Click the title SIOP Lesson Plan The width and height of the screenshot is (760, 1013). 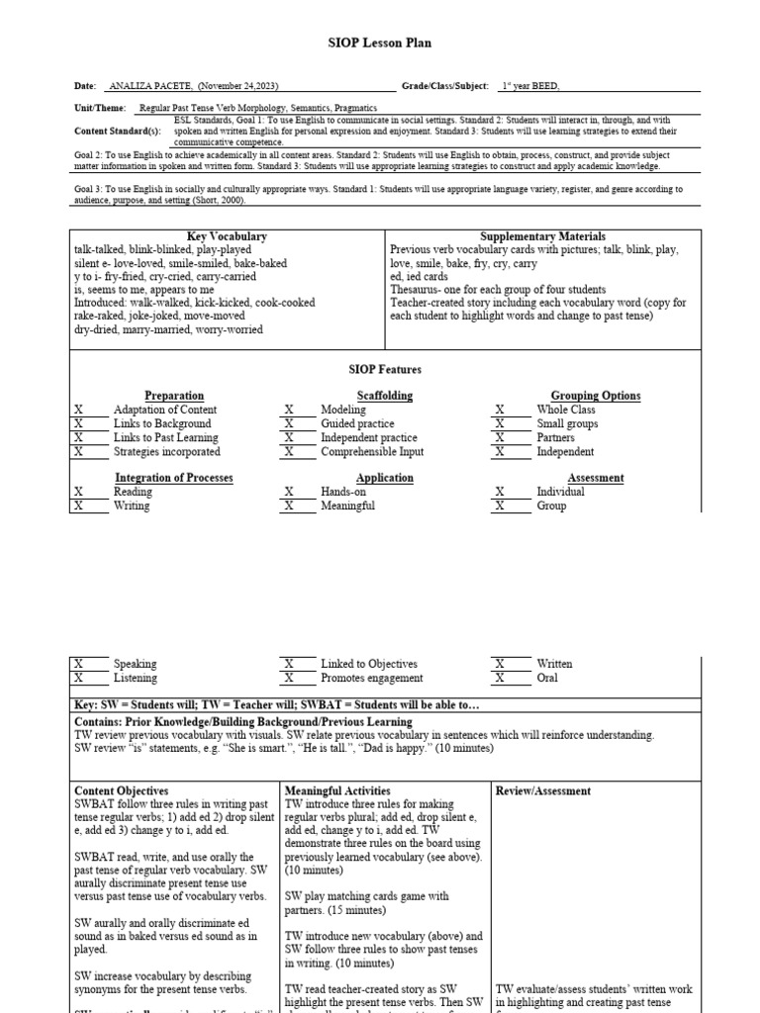tap(379, 44)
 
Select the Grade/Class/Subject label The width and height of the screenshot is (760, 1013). tap(444, 86)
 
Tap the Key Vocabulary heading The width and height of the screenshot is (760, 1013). tap(227, 236)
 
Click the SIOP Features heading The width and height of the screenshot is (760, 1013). tap(385, 369)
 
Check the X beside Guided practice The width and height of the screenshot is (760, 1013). tap(289, 423)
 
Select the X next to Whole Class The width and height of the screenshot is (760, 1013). tap(500, 410)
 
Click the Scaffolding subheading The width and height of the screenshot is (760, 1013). tap(356, 396)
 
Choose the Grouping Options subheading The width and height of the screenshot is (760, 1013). tap(595, 396)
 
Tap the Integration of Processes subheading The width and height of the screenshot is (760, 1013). tap(174, 478)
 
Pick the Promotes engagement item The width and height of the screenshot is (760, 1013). tap(371, 679)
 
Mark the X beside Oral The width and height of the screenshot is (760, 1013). tap(500, 679)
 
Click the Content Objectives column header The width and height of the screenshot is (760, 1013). tap(122, 791)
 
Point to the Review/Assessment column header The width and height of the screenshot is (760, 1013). tap(542, 791)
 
